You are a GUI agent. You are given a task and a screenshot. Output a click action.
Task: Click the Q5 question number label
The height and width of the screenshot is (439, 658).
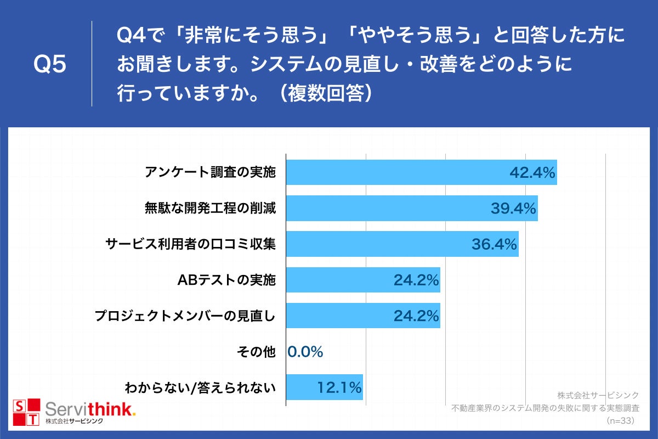tap(50, 65)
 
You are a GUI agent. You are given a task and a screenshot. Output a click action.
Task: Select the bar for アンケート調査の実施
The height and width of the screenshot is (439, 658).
tap(395, 173)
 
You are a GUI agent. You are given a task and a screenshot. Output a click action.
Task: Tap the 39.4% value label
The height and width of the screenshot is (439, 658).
tap(513, 209)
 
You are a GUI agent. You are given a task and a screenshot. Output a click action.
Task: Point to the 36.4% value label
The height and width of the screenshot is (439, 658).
tap(494, 244)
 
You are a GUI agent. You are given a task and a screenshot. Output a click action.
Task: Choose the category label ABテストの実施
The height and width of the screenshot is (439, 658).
tap(226, 280)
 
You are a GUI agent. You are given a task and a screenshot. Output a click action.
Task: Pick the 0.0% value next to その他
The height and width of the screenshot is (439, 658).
tap(305, 352)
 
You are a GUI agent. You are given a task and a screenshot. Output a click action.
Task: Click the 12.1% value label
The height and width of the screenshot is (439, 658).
tap(339, 387)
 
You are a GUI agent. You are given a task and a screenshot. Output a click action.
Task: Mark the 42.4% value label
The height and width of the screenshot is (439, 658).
tap(532, 173)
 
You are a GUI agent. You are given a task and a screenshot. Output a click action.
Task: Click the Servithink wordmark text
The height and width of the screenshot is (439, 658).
tap(90, 409)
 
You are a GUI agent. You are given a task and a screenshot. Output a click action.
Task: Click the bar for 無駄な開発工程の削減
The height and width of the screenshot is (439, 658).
tap(384, 209)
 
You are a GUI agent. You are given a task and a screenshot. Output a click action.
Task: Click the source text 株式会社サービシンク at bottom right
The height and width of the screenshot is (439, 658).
tap(598, 395)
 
